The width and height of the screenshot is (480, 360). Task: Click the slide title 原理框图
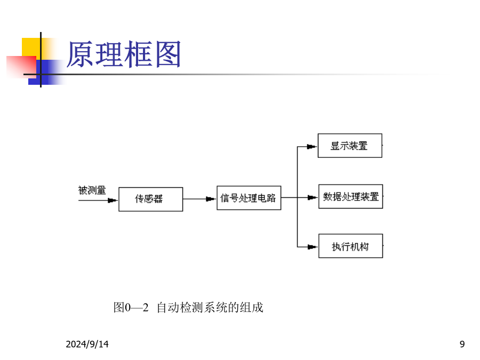(124, 54)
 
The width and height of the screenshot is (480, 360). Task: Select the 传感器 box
(150, 199)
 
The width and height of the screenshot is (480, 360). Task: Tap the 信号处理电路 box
(249, 198)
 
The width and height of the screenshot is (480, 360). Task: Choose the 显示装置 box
(350, 146)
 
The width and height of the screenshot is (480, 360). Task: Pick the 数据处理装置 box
(351, 196)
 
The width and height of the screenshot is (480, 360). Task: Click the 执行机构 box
(351, 246)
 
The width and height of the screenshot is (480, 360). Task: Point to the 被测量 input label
(92, 190)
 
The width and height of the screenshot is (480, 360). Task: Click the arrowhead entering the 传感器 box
(113, 201)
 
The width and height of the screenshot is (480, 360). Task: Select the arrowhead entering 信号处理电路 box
(211, 199)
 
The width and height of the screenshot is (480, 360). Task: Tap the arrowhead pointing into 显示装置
(312, 147)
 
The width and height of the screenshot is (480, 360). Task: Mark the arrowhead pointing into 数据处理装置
(313, 197)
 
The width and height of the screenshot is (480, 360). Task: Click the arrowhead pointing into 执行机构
(313, 247)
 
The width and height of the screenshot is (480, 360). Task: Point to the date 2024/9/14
(87, 344)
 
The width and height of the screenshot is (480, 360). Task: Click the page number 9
(462, 344)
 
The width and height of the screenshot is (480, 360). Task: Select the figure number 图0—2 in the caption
(131, 307)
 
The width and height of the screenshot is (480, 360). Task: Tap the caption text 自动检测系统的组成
(210, 307)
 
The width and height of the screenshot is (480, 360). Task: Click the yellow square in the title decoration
(31, 47)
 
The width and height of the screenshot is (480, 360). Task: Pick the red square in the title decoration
(21, 67)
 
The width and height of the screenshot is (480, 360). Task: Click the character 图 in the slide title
(168, 54)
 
